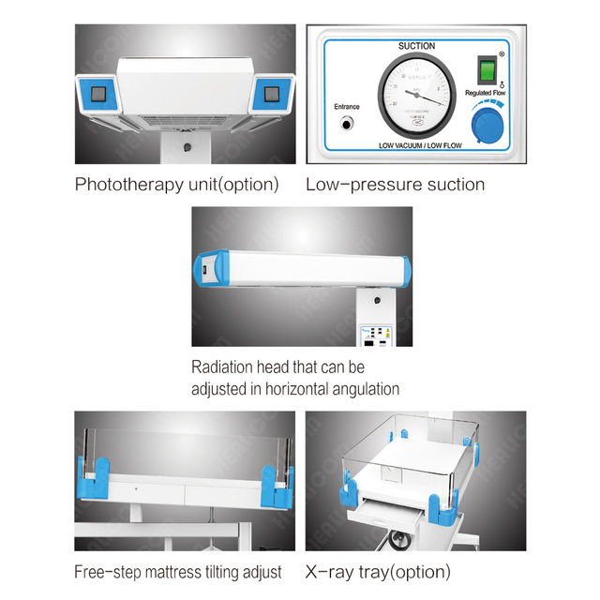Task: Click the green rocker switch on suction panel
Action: [x=487, y=70]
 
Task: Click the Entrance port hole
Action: [x=347, y=124]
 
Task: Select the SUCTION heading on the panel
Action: [x=415, y=45]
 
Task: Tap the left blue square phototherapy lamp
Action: [x=98, y=94]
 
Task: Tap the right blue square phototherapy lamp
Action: [x=273, y=94]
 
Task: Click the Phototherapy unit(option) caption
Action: [x=176, y=185]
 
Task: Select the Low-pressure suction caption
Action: [x=395, y=185]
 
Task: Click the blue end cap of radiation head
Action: [x=208, y=272]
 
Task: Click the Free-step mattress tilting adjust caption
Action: [x=178, y=571]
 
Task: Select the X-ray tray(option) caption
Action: [x=378, y=571]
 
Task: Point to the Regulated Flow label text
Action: [x=486, y=94]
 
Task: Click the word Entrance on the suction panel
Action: [x=346, y=106]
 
